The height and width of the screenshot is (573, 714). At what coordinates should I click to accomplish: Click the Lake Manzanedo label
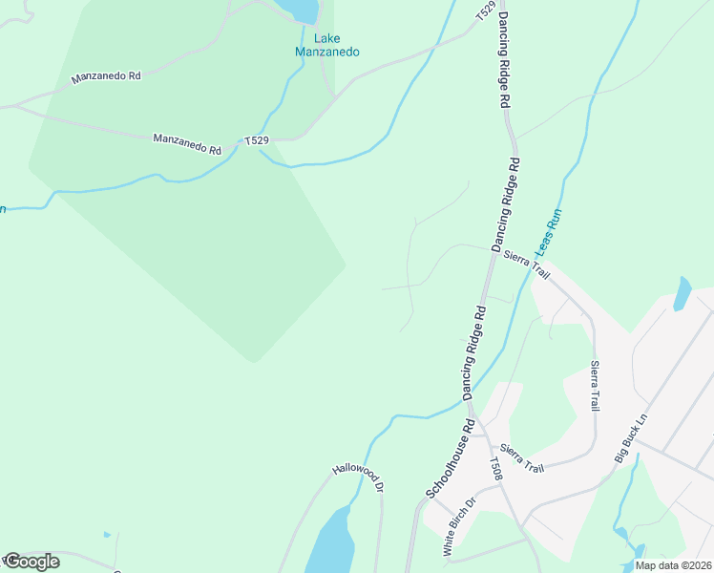pyautogui.click(x=325, y=45)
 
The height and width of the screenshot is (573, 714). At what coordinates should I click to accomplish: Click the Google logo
pyautogui.click(x=31, y=562)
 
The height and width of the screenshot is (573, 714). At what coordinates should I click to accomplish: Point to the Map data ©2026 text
pyautogui.click(x=672, y=565)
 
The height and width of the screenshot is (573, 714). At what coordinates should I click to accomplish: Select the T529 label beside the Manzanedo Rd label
pyautogui.click(x=257, y=141)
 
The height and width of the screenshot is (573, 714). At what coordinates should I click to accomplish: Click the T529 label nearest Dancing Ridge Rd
pyautogui.click(x=486, y=11)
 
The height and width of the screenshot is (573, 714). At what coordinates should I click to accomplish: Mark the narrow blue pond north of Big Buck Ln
pyautogui.click(x=682, y=293)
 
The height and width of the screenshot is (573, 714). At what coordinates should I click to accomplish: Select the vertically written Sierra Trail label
pyautogui.click(x=596, y=386)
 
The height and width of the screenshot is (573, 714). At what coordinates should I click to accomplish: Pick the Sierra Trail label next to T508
pyautogui.click(x=521, y=459)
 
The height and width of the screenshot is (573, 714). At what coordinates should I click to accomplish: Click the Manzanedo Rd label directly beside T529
pyautogui.click(x=187, y=144)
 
